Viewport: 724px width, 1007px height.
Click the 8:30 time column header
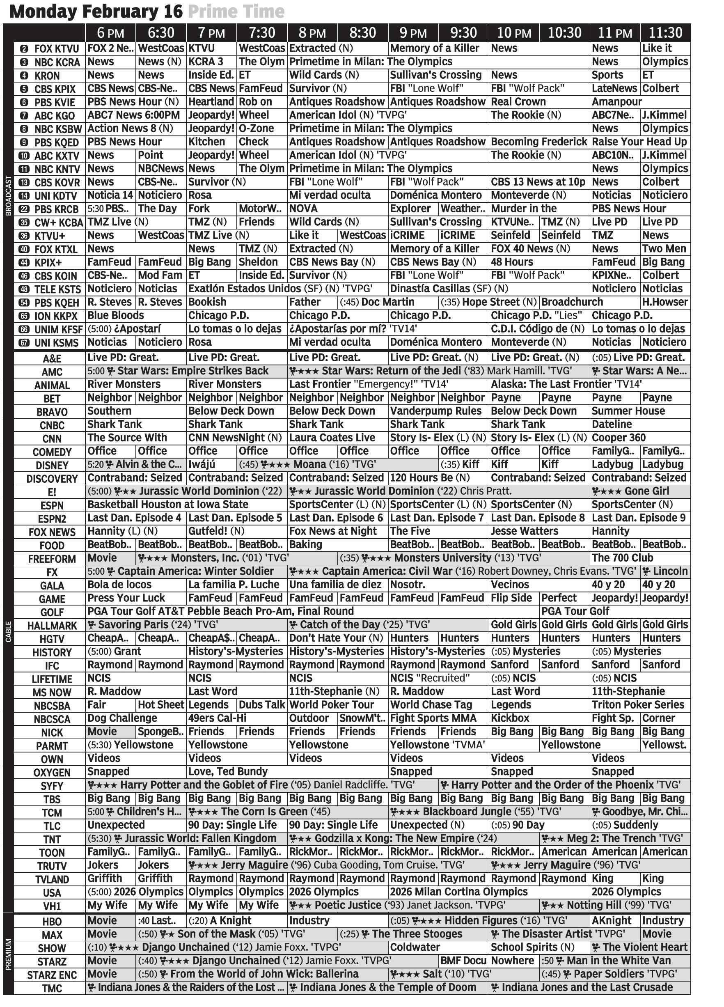pyautogui.click(x=362, y=33)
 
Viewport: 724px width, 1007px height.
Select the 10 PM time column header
pyautogui.click(x=513, y=33)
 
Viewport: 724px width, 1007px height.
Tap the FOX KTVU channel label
pyautogui.click(x=49, y=49)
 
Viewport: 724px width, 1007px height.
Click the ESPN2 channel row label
pyautogui.click(x=52, y=518)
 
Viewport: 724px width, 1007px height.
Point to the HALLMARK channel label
pyautogui.click(x=52, y=626)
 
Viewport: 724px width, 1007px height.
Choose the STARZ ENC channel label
pyautogui.click(x=52, y=975)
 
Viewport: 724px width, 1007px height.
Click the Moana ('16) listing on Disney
pyautogui.click(x=317, y=464)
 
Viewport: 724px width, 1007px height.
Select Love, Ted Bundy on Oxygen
pyautogui.click(x=228, y=771)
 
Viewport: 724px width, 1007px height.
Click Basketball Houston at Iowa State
pyautogui.click(x=168, y=505)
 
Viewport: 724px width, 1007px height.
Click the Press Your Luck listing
pyautogui.click(x=126, y=598)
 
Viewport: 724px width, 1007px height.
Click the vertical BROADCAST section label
pyautogui.click(x=8, y=196)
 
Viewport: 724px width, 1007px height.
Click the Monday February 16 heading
pyautogui.click(x=96, y=11)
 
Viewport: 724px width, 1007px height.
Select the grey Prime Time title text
pyautogui.click(x=236, y=11)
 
